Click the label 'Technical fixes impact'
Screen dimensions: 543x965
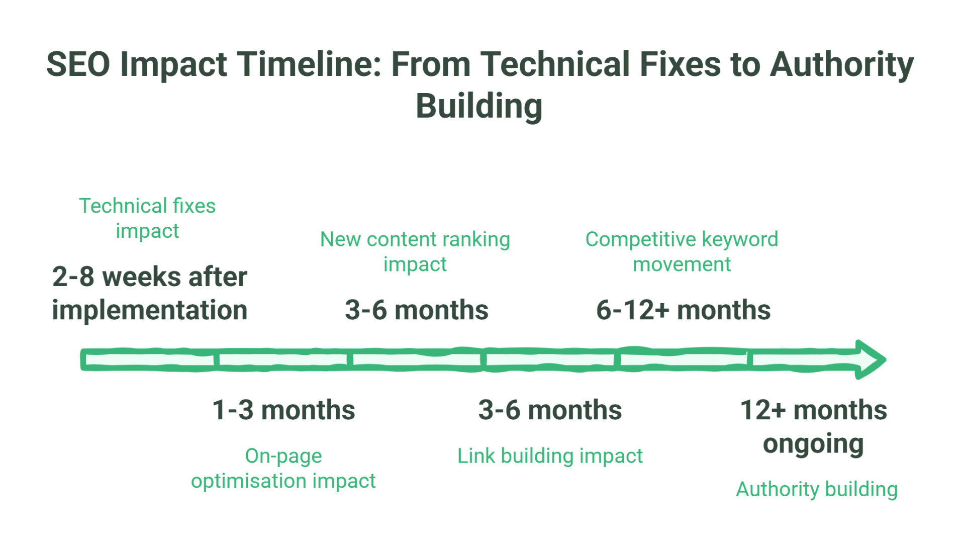point(147,218)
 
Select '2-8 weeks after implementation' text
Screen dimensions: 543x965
point(150,293)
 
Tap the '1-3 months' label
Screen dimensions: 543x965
point(283,410)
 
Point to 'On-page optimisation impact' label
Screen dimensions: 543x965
point(283,468)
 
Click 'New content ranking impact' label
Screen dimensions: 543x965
point(415,251)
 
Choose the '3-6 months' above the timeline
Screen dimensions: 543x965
point(417,310)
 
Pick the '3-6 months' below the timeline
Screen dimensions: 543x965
point(550,410)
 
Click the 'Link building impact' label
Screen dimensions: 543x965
point(550,456)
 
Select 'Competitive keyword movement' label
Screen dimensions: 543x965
point(682,251)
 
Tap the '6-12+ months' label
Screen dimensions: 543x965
point(683,310)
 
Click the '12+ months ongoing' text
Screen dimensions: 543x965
point(813,426)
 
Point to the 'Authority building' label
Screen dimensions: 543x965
point(817,489)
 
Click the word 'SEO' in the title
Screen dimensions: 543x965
point(78,64)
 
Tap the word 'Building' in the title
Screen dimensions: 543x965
point(479,106)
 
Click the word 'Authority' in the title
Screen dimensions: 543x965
point(842,64)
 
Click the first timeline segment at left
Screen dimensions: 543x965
point(149,360)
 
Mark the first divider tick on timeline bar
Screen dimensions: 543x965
point(217,360)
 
